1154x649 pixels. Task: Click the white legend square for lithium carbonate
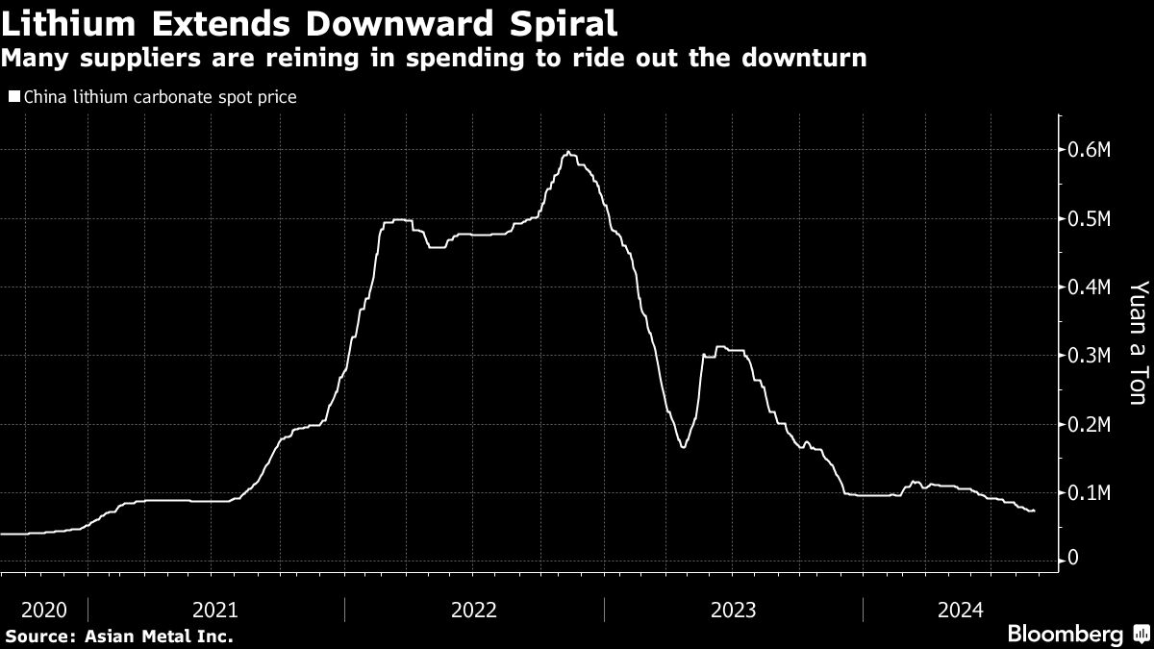click(13, 97)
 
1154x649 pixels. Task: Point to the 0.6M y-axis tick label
click(1091, 150)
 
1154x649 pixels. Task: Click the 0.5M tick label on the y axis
click(1091, 219)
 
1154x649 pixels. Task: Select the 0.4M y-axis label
click(1091, 287)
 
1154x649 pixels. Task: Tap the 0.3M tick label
click(1091, 356)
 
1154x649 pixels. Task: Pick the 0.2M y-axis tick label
click(1091, 425)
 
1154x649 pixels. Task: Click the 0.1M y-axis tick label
click(1091, 493)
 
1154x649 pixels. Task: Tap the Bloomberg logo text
click(1065, 634)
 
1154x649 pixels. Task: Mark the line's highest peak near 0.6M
click(569, 152)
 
